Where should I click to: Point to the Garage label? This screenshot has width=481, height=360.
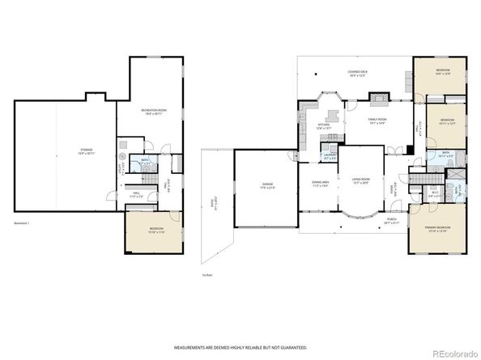coord(266,185)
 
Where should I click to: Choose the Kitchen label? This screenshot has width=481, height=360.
coord(324,125)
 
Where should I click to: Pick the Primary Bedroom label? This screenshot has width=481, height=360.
coord(438,229)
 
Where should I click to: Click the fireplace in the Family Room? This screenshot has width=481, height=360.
coord(378,100)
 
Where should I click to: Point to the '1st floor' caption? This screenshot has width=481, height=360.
coord(207,274)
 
